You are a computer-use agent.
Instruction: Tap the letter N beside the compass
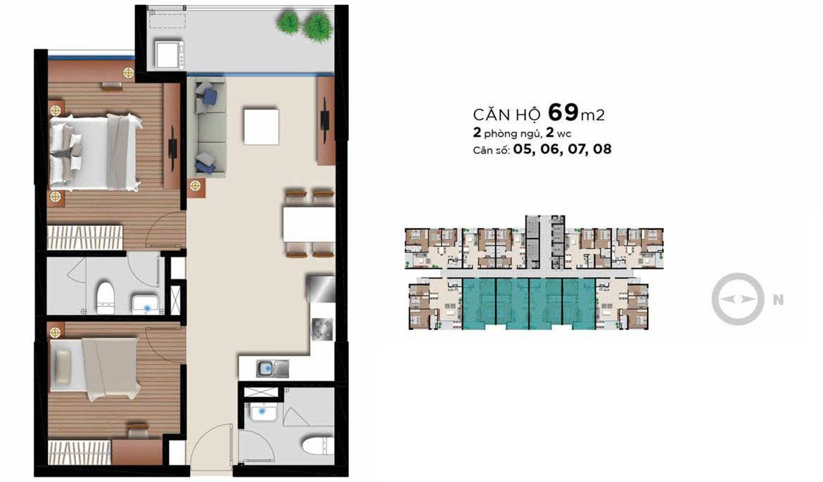pos(777,300)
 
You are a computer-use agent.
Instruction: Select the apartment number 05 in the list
pos(523,149)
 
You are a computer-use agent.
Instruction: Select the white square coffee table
pos(260,125)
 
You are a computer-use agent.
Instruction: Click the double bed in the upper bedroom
pos(95,153)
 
